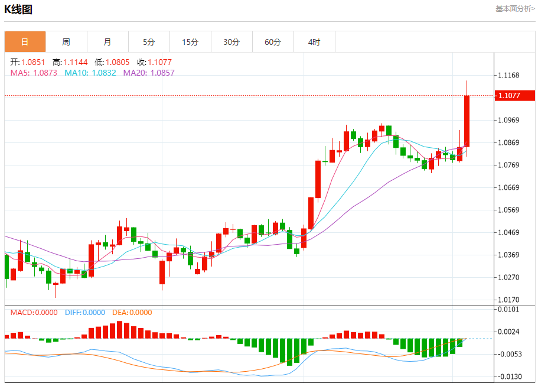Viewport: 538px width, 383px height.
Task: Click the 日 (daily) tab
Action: [25, 42]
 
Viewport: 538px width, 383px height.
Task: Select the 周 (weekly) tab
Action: [66, 42]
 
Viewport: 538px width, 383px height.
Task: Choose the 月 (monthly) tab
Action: [107, 42]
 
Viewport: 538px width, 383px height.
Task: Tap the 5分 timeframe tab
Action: [149, 42]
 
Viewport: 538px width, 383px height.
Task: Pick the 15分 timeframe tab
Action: [190, 42]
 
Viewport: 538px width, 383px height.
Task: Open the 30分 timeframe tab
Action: [231, 42]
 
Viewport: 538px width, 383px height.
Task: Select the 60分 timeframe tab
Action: [273, 42]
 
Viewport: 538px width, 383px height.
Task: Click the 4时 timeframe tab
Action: [314, 42]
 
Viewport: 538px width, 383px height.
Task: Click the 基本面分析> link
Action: [515, 9]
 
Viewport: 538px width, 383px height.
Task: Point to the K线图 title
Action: [18, 9]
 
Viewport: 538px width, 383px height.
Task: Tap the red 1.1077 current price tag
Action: [512, 95]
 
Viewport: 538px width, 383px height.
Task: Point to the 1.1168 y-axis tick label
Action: [508, 75]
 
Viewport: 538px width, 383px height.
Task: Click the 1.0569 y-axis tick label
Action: [508, 210]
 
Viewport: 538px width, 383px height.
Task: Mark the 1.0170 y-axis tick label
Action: [508, 300]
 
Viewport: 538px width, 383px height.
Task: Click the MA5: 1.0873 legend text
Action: [34, 73]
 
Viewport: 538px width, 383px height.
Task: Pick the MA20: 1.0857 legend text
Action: [149, 73]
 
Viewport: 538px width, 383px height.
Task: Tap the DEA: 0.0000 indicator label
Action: [132, 313]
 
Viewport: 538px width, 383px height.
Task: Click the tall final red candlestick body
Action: [467, 121]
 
